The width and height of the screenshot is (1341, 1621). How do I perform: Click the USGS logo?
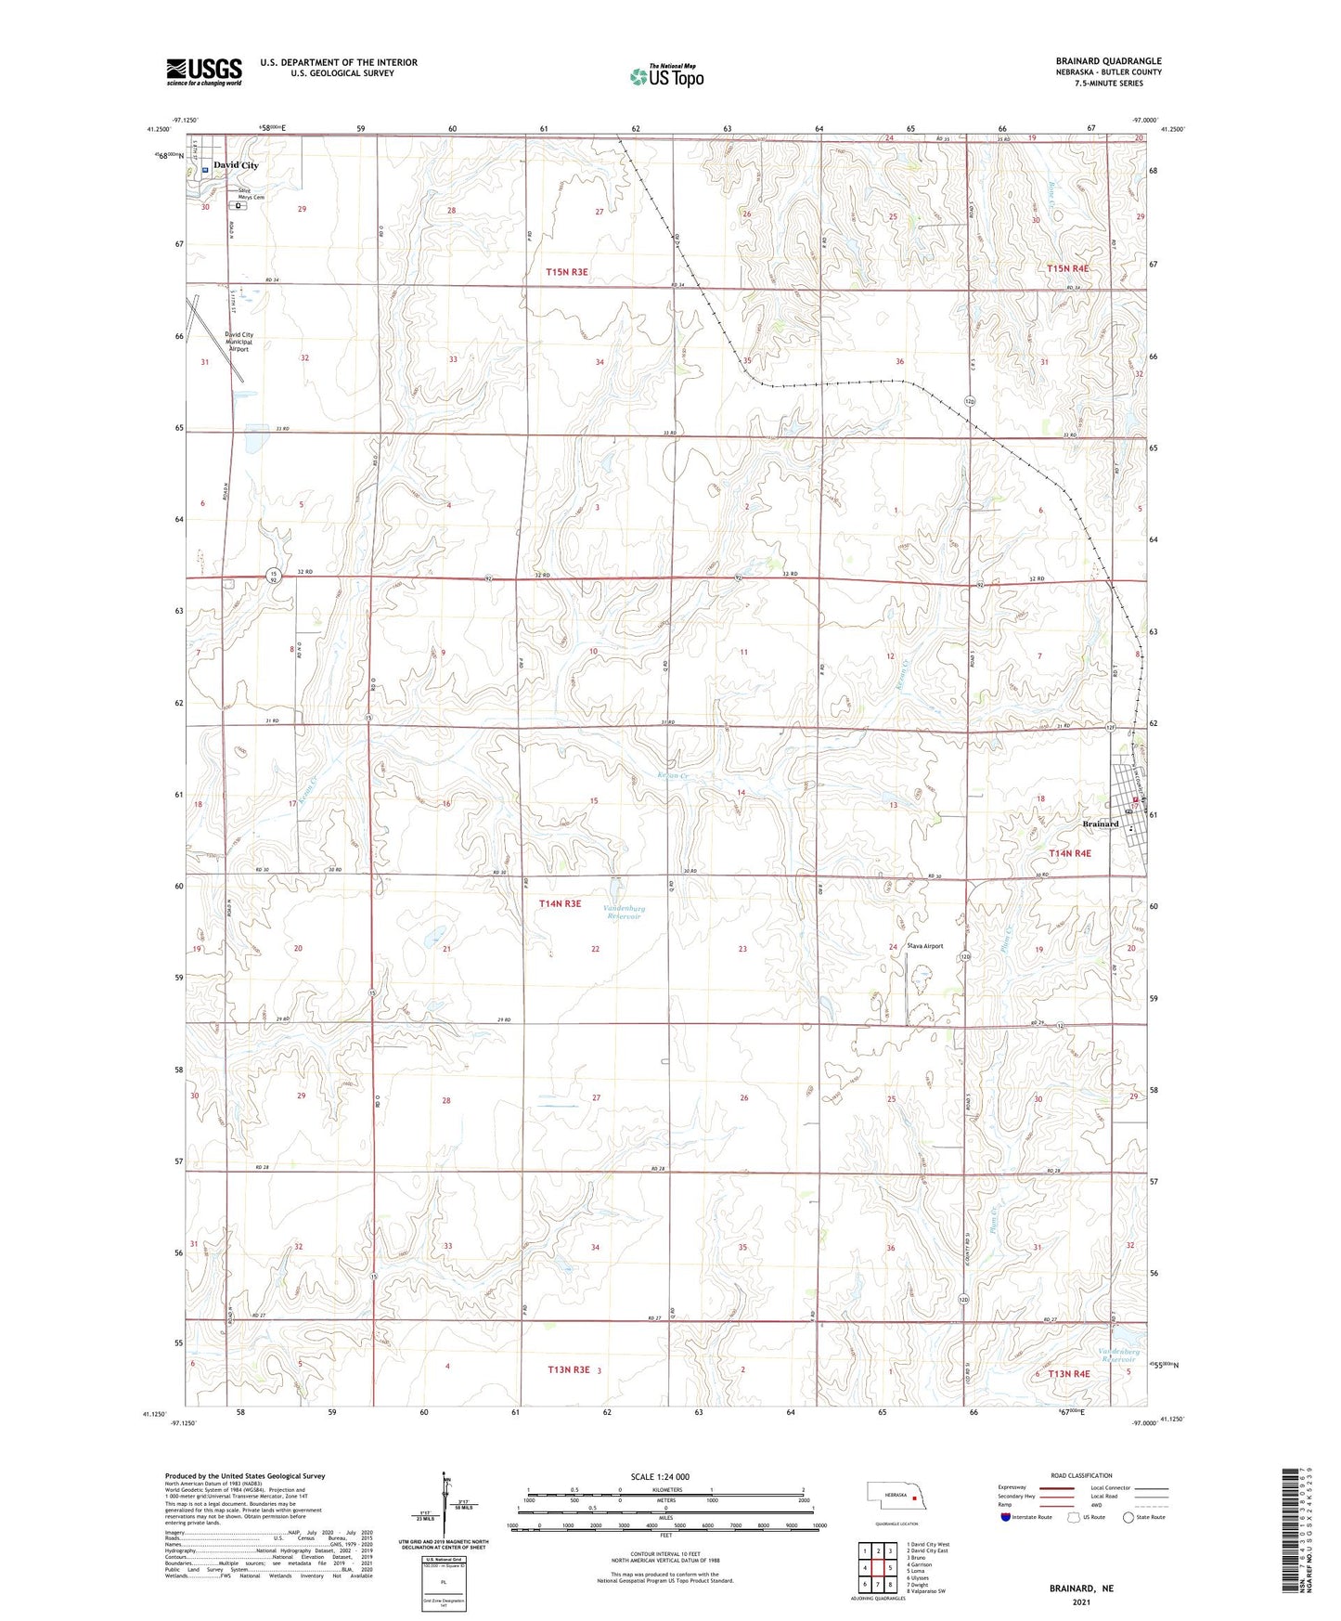pos(204,71)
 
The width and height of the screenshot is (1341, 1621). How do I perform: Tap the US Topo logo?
pos(666,77)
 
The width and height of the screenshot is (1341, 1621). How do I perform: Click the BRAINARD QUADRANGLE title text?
pos(1108,61)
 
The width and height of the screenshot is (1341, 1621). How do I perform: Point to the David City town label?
pos(236,165)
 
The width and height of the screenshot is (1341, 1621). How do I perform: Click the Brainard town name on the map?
pos(1101,824)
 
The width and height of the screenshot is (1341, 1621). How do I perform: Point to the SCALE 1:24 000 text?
pos(660,1476)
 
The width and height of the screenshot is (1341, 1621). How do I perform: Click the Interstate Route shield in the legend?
pos(1006,1517)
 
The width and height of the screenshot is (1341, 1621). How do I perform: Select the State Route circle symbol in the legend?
pos(1128,1517)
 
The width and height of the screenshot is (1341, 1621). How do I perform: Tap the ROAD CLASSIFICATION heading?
pos(1082,1475)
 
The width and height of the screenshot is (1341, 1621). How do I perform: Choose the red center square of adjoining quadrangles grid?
pos(878,1568)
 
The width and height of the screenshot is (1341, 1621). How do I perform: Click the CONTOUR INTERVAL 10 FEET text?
pos(660,1553)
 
